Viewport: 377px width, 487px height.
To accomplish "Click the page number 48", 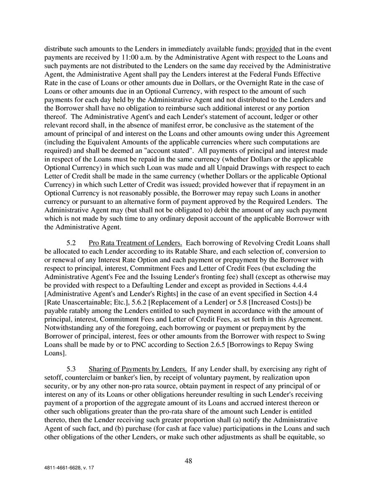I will pyautogui.click(x=188, y=461).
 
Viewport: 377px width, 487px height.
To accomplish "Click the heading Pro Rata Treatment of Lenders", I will pyautogui.click(x=136, y=243).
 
